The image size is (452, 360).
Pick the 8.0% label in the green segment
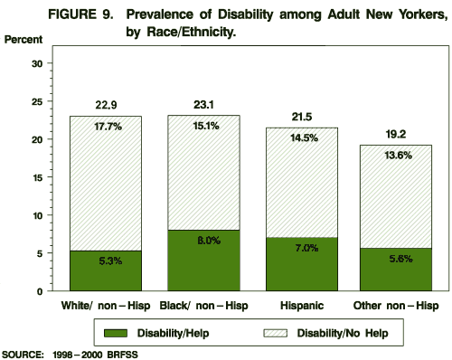pos(203,241)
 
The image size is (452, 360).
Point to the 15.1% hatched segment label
pos(203,126)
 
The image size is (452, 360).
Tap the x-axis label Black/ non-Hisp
pos(203,305)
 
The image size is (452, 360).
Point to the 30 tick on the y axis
pos(37,63)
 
